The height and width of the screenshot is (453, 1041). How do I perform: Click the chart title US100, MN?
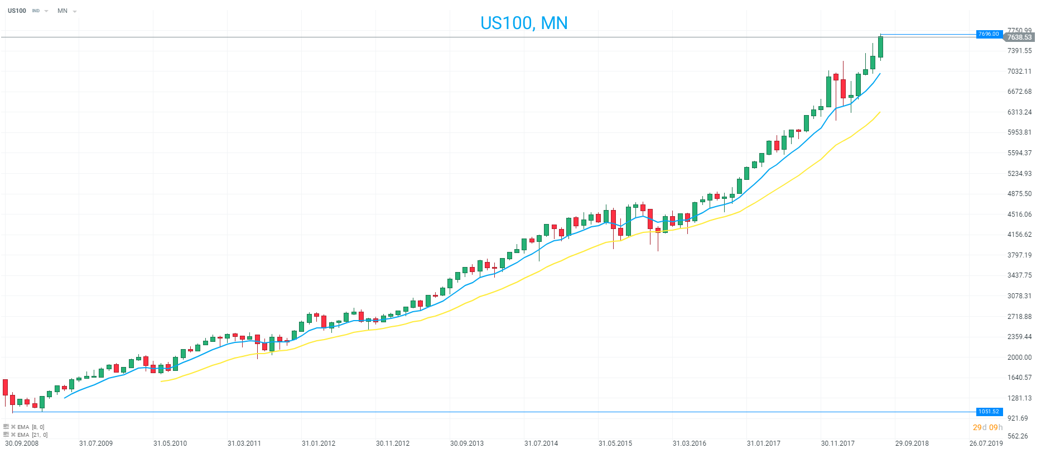524,23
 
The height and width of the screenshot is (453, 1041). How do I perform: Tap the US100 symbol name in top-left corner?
17,11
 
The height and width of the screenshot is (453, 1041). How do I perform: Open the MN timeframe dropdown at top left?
66,11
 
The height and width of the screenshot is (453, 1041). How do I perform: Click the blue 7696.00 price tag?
989,34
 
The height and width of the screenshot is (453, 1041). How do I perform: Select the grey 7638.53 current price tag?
1019,37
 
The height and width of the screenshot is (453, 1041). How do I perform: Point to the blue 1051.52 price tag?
989,412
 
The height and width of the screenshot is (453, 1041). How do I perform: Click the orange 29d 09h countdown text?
987,427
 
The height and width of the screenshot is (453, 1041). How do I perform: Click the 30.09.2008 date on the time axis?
22,444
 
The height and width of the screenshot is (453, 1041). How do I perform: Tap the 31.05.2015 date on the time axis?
615,444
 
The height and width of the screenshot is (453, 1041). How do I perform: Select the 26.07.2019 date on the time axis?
986,444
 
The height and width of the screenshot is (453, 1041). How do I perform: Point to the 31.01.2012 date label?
319,444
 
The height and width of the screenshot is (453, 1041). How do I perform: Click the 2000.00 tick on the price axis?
1019,357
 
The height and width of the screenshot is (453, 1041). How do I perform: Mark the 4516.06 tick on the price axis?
1019,214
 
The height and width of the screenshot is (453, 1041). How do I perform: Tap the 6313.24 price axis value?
1019,112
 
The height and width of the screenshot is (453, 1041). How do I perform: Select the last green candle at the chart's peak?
880,47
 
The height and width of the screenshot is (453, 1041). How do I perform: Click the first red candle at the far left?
6,387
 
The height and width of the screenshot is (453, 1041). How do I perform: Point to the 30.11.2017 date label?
837,444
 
